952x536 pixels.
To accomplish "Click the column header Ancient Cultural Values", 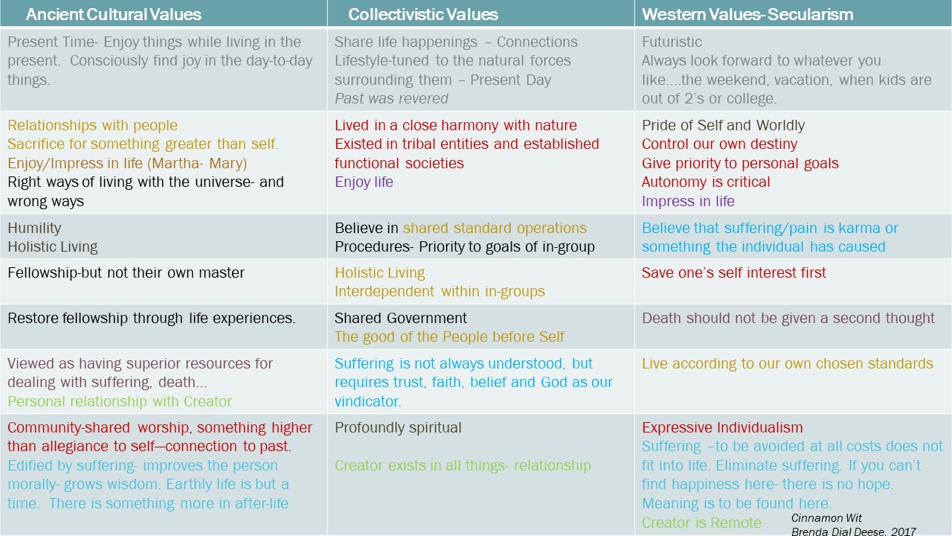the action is [114, 14].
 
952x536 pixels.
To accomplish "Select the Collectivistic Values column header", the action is [423, 14].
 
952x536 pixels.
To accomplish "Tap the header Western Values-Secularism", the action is [747, 14].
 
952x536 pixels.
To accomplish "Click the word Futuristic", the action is [672, 42].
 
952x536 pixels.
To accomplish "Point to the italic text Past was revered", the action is [391, 99].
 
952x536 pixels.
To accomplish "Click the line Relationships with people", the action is [92, 126].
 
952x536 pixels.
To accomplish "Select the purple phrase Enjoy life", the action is [364, 182].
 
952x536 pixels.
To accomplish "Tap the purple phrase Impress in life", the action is [688, 201].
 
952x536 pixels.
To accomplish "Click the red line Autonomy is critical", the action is [706, 182].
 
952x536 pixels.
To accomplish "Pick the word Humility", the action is [34, 228].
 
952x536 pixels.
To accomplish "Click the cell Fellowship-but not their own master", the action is [126, 272].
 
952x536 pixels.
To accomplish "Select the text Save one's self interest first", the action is [733, 272].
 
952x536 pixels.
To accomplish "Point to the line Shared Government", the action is [400, 318].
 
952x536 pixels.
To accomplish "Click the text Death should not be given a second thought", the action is [788, 318].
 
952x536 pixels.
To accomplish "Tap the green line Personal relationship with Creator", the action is [120, 401].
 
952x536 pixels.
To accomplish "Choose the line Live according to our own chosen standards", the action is [787, 364].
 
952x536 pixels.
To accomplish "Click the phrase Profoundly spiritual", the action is [398, 427].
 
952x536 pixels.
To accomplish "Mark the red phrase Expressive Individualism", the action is [722, 427].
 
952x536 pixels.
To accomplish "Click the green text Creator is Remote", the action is [701, 523].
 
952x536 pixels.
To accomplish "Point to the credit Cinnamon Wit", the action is [826, 517].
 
